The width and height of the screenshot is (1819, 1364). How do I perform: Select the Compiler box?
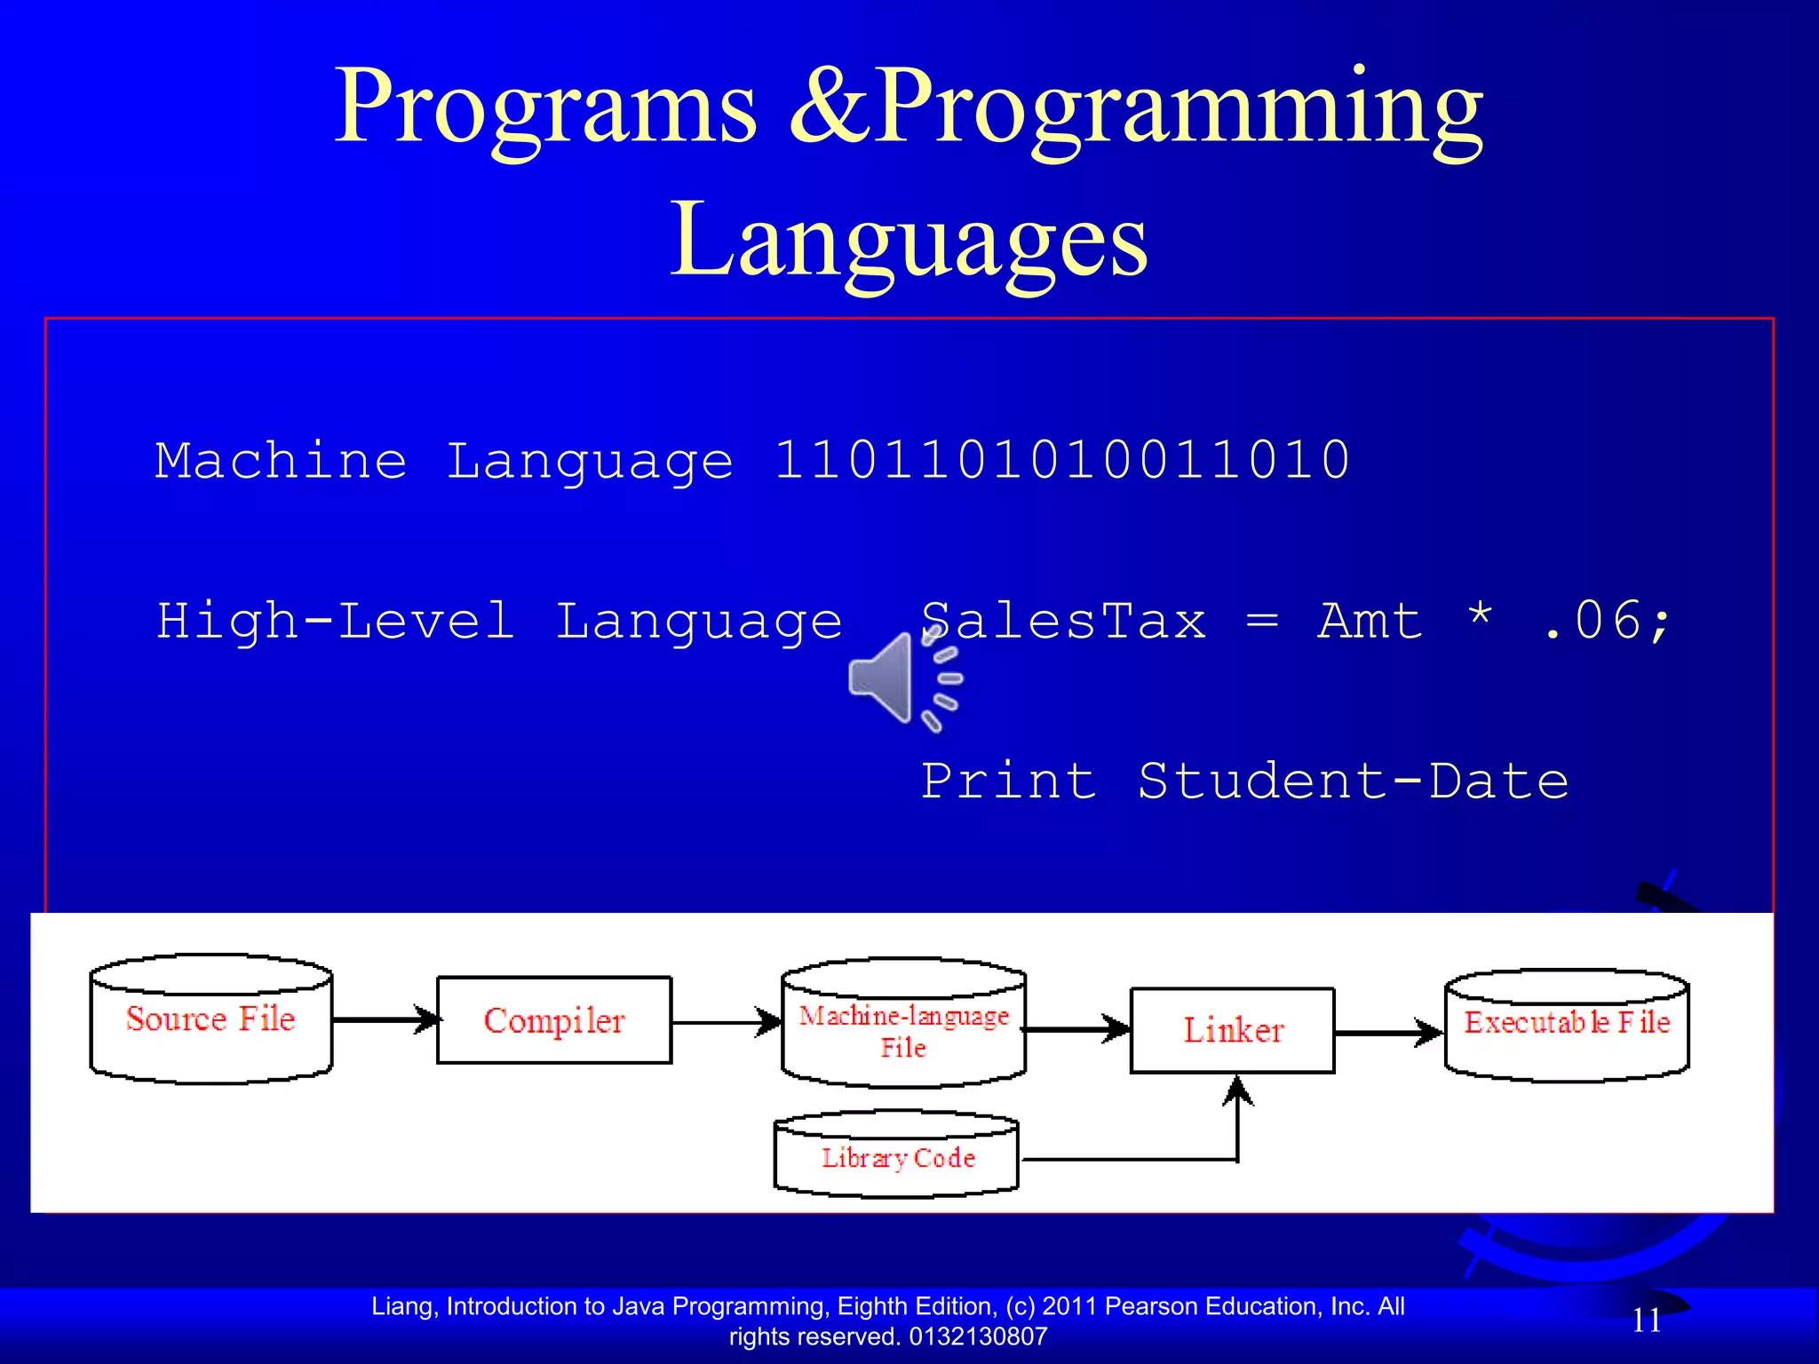point(554,1020)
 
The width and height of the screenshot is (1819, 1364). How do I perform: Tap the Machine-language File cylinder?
point(903,1026)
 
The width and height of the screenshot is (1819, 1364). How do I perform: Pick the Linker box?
point(1232,1030)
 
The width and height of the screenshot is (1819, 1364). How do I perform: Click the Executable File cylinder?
point(1567,1025)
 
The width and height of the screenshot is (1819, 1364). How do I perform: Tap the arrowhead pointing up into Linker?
point(1237,1090)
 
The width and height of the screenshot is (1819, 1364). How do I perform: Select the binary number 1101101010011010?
point(1061,460)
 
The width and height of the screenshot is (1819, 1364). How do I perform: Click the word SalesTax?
point(1063,620)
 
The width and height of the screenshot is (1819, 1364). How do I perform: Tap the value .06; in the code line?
point(1608,620)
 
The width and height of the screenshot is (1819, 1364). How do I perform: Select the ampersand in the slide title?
point(830,107)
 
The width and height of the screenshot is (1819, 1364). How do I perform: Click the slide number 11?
point(1647,1320)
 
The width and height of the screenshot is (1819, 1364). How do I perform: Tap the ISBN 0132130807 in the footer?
point(978,1337)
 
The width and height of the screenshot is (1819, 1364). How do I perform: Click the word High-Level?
point(336,620)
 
